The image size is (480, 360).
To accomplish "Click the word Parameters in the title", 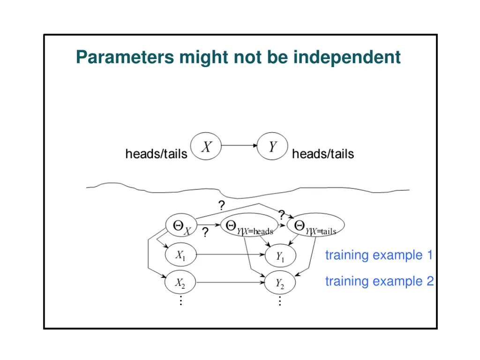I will coord(125,58).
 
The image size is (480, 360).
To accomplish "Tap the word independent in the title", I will coord(347,58).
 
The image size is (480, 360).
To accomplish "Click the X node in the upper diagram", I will coord(206,147).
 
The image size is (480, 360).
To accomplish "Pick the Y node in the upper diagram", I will coord(272,147).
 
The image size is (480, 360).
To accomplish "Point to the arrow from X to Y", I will coord(239,146).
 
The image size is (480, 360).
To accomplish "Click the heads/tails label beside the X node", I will coord(156,154).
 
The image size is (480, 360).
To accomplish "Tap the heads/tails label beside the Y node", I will coord(323,154).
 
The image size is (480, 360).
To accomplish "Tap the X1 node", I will coord(180,256).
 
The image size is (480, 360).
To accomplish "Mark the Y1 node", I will coord(280,256).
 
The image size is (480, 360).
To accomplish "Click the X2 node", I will coord(180,283).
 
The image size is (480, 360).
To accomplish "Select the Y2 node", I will coord(280,284).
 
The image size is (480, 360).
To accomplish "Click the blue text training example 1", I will coord(379,255).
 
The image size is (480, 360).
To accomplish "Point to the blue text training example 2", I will coord(379,281).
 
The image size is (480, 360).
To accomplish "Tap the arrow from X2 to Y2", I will coord(230,283).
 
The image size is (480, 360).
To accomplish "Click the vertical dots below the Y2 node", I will coord(280,301).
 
